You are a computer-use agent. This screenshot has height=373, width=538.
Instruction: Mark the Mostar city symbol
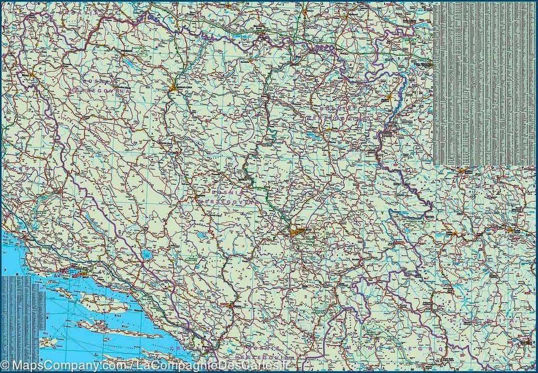pos(232,305)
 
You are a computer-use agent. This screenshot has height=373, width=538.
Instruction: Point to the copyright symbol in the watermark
pos(5,365)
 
